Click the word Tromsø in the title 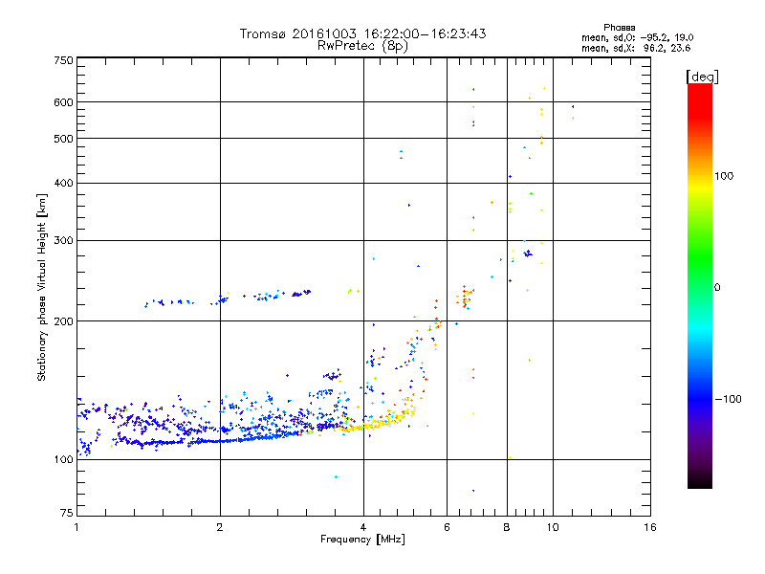point(264,33)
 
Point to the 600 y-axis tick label point(63,102)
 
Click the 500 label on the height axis point(63,139)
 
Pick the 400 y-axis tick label point(63,183)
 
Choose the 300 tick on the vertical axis point(63,240)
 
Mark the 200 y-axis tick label point(63,321)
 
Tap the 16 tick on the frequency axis point(649,527)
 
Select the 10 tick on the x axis point(552,527)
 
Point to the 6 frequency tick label point(447,527)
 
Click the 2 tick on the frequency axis point(220,527)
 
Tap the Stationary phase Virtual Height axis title point(42,287)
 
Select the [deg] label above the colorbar point(702,76)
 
